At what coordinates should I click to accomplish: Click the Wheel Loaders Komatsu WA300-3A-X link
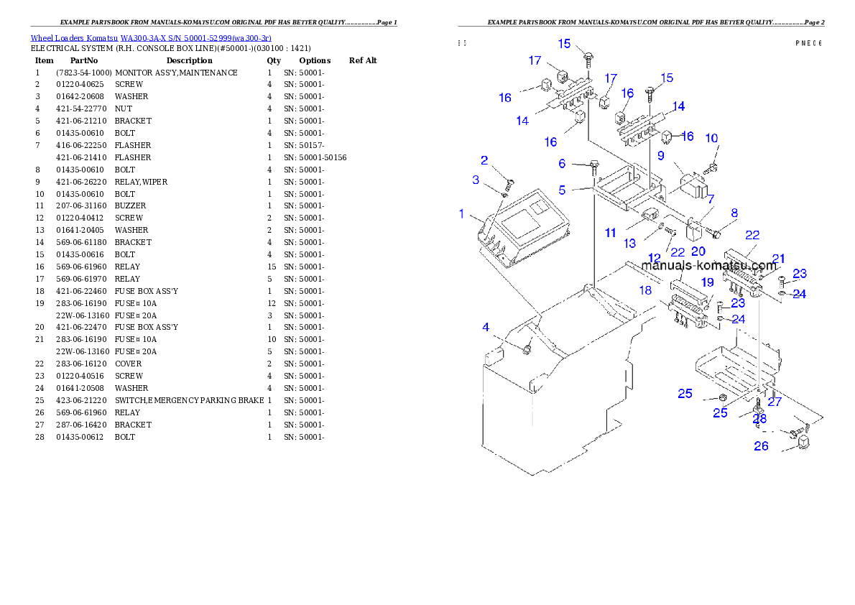pos(151,38)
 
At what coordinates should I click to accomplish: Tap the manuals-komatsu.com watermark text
pos(708,265)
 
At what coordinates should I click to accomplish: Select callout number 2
pos(484,160)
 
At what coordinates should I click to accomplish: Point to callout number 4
pos(486,328)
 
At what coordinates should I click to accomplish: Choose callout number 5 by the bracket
pos(563,190)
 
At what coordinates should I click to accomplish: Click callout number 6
pos(563,164)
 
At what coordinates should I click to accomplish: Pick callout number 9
pos(660,154)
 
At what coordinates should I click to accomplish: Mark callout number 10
pos(711,138)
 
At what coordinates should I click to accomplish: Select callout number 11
pos(611,233)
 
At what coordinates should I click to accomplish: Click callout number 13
pos(630,244)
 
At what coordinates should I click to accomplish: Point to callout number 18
pos(645,290)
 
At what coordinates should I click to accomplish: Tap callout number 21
pos(778,259)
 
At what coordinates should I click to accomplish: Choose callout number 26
pos(761,446)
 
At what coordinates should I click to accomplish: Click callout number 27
pos(774,402)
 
